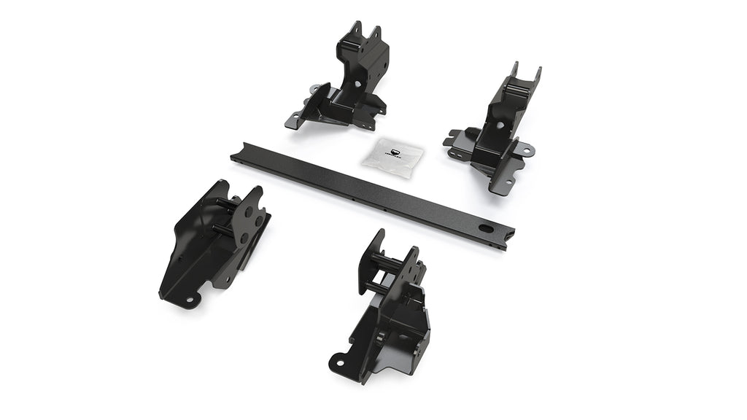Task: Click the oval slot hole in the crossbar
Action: (x=485, y=228)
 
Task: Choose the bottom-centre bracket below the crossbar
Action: (x=390, y=306)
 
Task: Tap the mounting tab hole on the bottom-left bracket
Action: (x=189, y=299)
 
